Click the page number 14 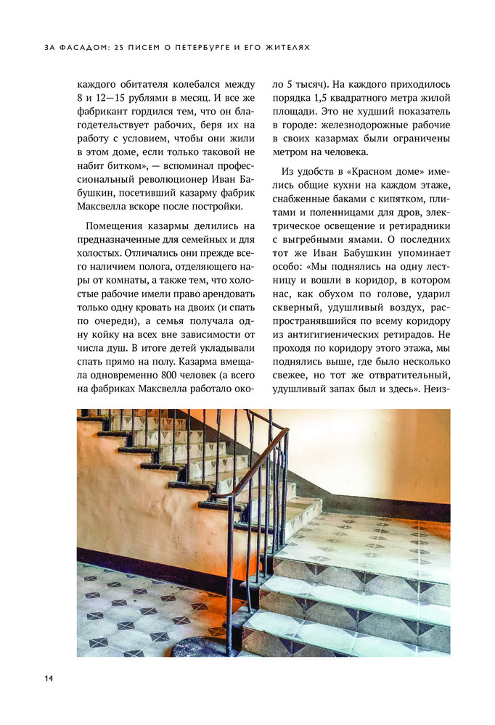click(48, 678)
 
